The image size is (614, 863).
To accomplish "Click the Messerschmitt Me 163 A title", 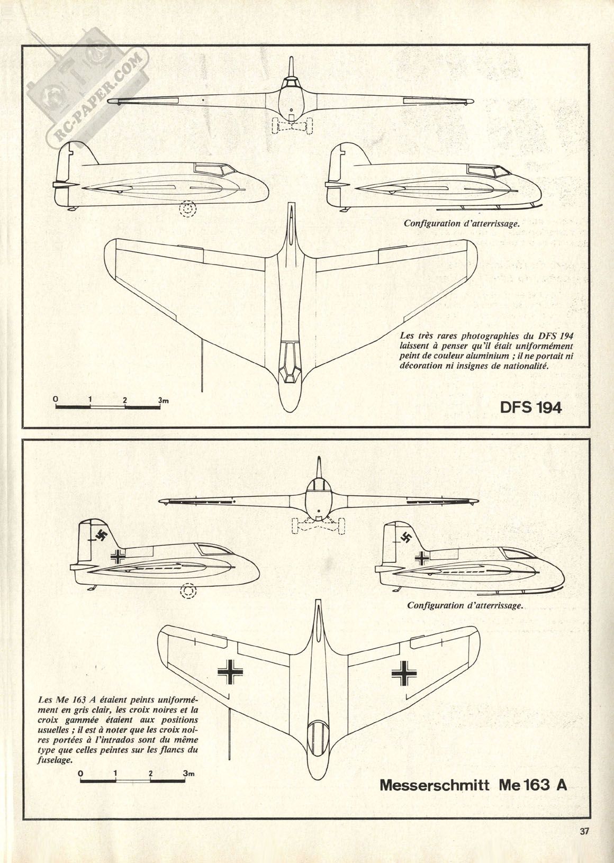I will click(x=473, y=784).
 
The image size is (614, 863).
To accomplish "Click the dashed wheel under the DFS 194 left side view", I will click(x=187, y=210).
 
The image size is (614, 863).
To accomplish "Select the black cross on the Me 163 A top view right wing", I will click(x=405, y=672).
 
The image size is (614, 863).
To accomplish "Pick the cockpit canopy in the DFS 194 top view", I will click(x=289, y=361).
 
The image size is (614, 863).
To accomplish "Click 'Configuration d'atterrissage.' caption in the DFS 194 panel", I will click(x=462, y=223).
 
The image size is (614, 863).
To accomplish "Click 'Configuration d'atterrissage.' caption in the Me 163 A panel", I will click(x=465, y=605).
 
